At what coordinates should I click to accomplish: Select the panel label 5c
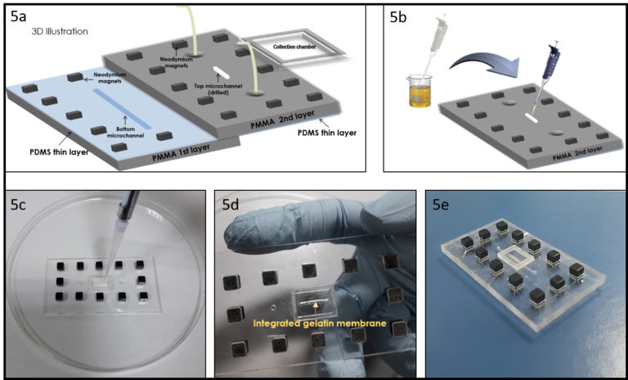pos(22,205)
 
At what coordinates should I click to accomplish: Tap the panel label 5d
pos(231,205)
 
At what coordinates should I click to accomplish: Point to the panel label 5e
pos(444,205)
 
